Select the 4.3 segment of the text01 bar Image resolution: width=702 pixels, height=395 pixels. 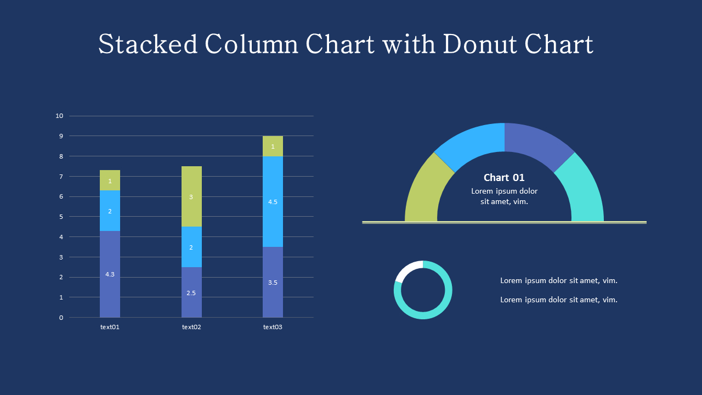tap(110, 274)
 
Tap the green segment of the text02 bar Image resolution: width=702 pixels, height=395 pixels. tap(191, 196)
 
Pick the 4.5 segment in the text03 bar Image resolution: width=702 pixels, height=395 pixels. tap(273, 201)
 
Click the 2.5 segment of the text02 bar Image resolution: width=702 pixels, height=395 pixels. tap(191, 292)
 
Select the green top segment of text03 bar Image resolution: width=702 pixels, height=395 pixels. tap(273, 146)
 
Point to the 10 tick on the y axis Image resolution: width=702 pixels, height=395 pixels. tap(60, 116)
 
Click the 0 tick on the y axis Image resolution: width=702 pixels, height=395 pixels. tap(61, 318)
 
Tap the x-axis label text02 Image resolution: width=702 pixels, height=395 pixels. tap(191, 327)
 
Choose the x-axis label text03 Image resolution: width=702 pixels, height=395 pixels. tap(273, 327)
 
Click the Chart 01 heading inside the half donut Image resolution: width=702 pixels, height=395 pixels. tap(504, 178)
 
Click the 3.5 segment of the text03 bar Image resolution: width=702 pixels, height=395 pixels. tap(273, 282)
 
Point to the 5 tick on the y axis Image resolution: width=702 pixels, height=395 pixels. tap(61, 217)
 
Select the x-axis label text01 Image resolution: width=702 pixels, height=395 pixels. tap(110, 327)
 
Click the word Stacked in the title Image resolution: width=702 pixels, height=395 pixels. tap(148, 44)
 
